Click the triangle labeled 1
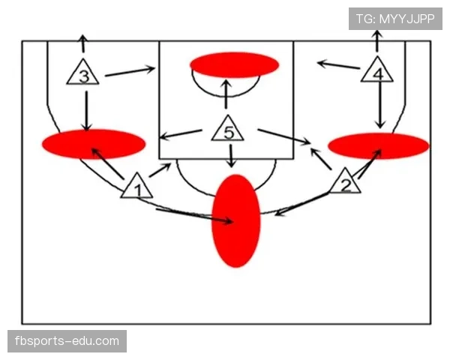click(x=137, y=187)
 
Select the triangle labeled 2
click(x=345, y=182)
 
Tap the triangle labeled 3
click(x=83, y=73)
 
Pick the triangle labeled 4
click(x=377, y=70)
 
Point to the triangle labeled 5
click(x=228, y=130)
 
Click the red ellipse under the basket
click(x=235, y=65)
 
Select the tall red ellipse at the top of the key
click(x=236, y=220)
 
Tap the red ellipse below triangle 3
click(x=94, y=144)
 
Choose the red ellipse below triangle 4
click(x=379, y=145)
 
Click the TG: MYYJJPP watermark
click(x=395, y=19)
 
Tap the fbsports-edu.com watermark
click(x=67, y=341)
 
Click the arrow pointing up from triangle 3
click(x=83, y=43)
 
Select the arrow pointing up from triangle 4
click(x=377, y=41)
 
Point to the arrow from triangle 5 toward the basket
click(x=226, y=94)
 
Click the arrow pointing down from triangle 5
click(x=231, y=156)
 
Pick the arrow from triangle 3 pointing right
click(x=130, y=71)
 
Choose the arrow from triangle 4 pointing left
click(x=339, y=65)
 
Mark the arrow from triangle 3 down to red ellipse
click(x=86, y=111)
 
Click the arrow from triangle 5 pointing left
click(x=181, y=135)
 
